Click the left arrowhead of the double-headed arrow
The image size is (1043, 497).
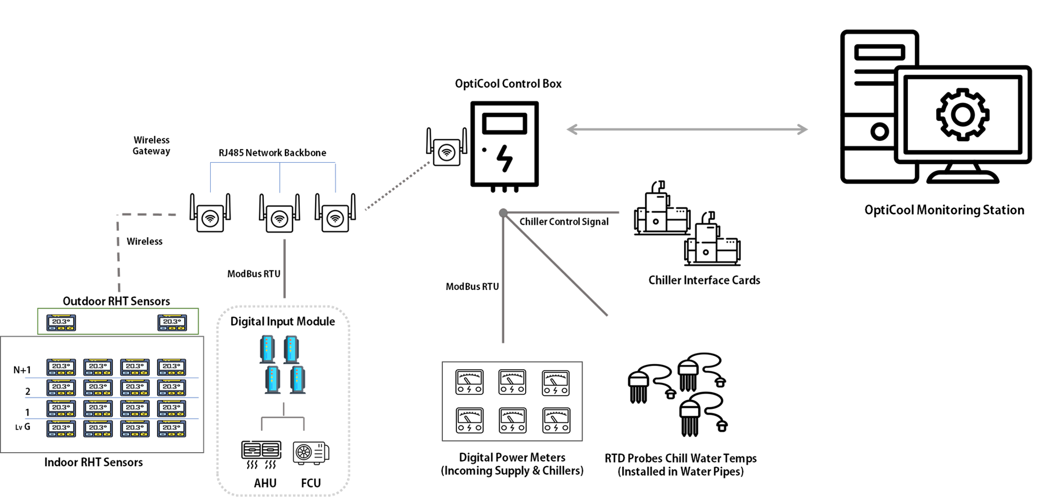[x=572, y=129]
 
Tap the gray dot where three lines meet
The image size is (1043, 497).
[x=503, y=213]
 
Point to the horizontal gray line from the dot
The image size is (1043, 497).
[x=563, y=213]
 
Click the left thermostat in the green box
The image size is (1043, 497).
[x=61, y=322]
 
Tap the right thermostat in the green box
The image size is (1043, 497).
[x=172, y=322]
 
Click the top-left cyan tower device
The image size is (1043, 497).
[x=268, y=349]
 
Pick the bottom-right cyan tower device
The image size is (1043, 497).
[x=297, y=379]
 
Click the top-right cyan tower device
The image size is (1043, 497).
[x=291, y=349]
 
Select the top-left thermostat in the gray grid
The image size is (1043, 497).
[x=61, y=367]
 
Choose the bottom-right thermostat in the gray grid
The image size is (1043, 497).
[x=172, y=429]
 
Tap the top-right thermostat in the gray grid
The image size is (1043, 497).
[x=172, y=367]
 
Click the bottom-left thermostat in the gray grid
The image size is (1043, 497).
[x=61, y=429]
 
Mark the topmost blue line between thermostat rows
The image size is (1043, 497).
[x=112, y=378]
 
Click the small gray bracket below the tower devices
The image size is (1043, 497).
[x=283, y=418]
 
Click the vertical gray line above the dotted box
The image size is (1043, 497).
[x=284, y=269]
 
